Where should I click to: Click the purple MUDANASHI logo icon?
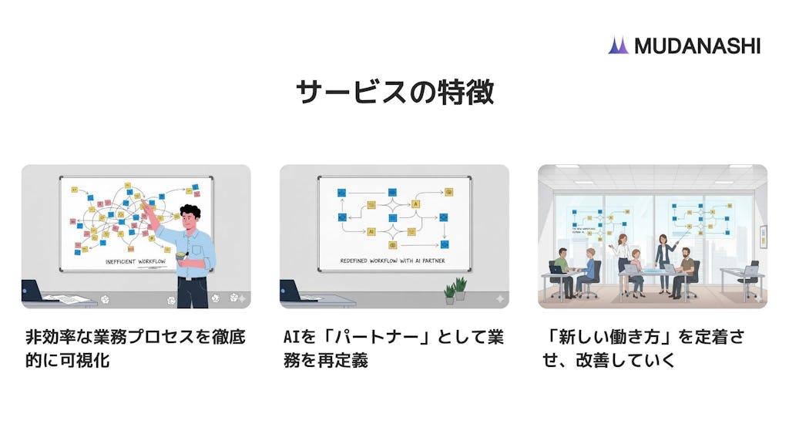[618, 45]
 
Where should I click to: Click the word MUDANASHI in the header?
[697, 45]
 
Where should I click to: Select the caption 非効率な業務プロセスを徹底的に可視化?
[135, 348]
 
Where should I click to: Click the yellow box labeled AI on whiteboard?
[371, 230]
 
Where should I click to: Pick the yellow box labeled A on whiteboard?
[415, 204]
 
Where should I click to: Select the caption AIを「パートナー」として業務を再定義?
[393, 348]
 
